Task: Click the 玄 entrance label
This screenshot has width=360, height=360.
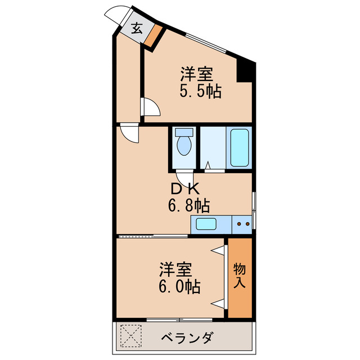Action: [137, 28]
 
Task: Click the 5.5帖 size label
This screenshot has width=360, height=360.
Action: [200, 91]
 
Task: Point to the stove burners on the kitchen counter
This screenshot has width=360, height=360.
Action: [243, 224]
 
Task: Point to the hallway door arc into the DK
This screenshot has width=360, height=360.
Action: [129, 133]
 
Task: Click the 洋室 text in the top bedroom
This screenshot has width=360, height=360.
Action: [196, 74]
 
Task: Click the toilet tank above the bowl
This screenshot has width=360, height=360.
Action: [183, 133]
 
